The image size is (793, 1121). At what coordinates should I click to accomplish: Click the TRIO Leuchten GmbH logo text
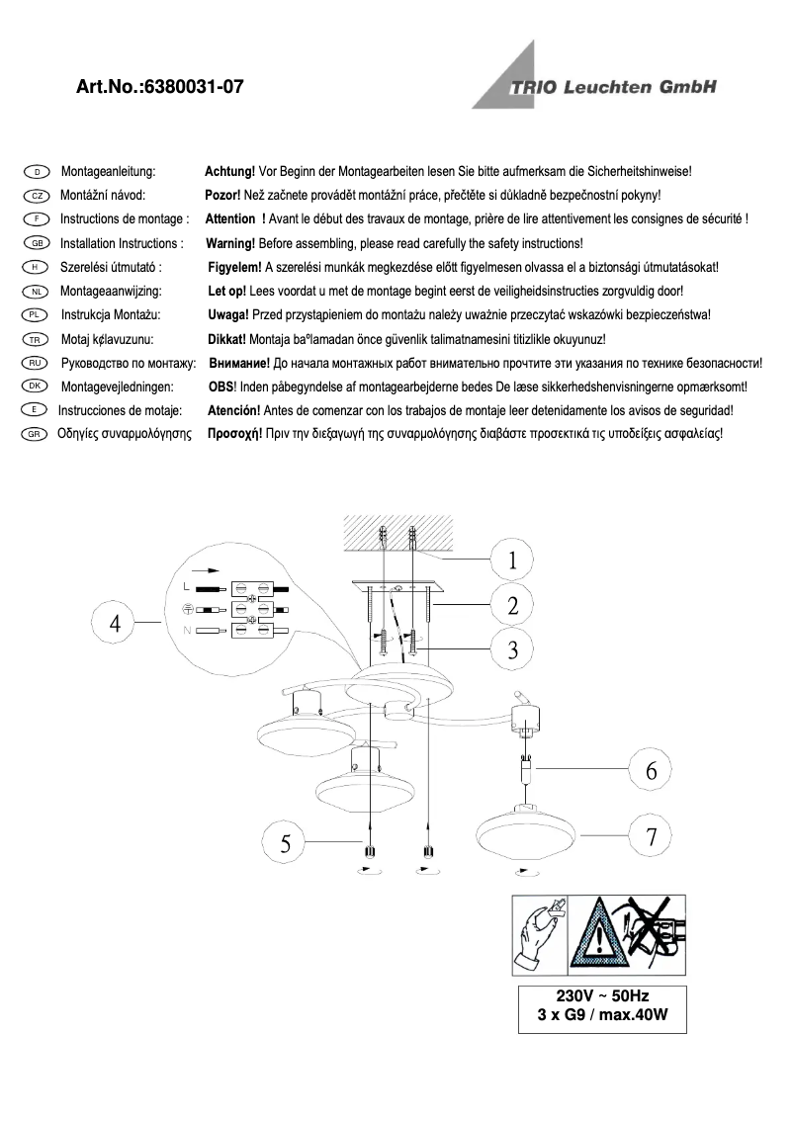tap(613, 88)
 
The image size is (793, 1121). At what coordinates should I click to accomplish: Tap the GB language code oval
tap(35, 243)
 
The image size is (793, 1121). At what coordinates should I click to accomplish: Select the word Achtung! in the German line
tap(229, 171)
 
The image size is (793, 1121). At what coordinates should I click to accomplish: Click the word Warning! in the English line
tap(229, 243)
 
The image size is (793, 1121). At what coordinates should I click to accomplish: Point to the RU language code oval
tap(35, 364)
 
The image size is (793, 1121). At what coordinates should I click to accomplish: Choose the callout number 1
tap(512, 560)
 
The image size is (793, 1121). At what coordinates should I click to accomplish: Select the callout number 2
tap(512, 606)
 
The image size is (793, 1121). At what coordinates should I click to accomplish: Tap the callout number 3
tap(512, 650)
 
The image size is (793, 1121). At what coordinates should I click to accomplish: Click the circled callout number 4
tap(116, 623)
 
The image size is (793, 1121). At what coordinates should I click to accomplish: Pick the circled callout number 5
tap(286, 843)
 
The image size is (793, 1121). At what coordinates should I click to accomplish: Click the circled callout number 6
tap(651, 771)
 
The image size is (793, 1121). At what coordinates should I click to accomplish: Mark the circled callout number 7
tap(651, 837)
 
